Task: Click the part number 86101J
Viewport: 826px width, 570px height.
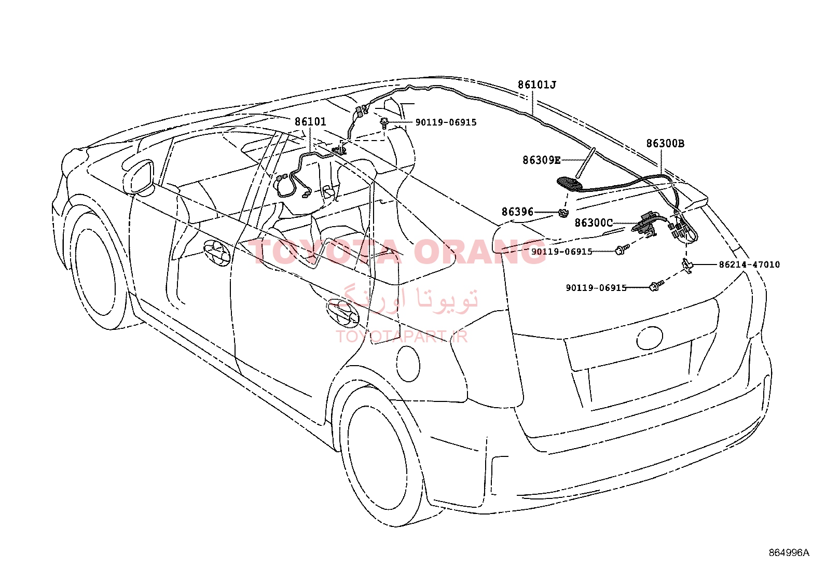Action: pos(536,85)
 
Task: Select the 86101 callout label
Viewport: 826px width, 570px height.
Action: pos(310,122)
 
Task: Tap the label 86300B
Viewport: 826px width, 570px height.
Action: pos(665,144)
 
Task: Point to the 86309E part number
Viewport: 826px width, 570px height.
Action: pos(541,161)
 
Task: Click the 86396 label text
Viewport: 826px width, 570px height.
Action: pos(517,212)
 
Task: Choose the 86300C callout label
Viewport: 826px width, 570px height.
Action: pos(594,223)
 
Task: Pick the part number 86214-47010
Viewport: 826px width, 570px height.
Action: pos(749,265)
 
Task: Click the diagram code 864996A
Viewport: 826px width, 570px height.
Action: pos(789,552)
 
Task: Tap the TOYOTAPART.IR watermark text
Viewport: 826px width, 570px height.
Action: pos(402,336)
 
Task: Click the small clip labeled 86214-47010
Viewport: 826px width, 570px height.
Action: pos(688,265)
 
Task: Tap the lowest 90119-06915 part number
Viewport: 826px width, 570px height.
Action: pos(596,288)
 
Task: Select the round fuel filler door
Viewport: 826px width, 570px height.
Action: pos(408,363)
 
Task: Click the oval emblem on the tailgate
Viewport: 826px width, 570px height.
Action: pos(650,338)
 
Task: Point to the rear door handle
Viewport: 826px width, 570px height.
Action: pos(343,311)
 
